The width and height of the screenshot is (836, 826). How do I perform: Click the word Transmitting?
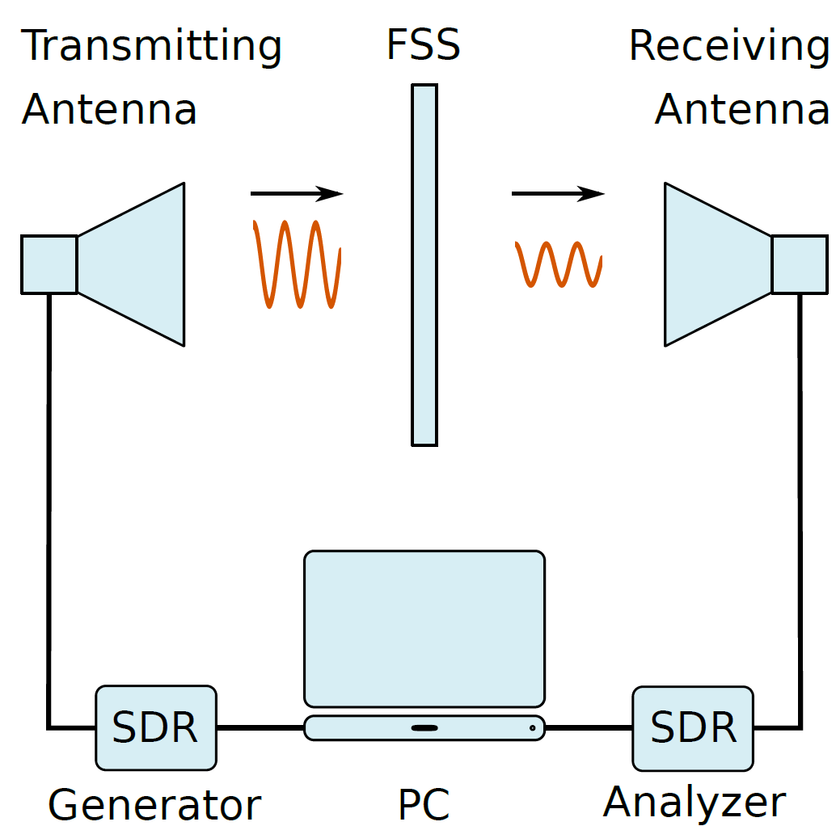coord(151,47)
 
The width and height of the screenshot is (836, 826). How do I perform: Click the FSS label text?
coord(424,44)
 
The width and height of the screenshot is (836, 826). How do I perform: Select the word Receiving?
coord(728,47)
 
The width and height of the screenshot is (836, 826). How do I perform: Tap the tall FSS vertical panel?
coord(424,265)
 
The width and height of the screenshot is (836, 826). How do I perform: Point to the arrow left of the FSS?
coord(297,193)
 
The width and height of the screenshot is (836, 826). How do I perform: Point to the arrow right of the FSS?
coord(558,193)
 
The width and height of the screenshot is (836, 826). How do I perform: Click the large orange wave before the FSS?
coord(297,263)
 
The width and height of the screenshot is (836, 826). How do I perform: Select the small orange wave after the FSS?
coord(558,264)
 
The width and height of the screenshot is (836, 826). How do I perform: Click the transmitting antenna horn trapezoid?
coord(131,264)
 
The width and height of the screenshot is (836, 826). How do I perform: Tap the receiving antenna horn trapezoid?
coord(718,264)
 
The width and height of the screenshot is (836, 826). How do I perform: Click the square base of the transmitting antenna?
coord(49,264)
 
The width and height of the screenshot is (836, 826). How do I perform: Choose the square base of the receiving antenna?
coord(800,264)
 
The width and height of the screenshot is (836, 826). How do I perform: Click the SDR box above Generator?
coord(156,728)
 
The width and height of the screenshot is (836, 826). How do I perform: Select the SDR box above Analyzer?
coord(693,728)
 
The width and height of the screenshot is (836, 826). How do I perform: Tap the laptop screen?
coord(424,629)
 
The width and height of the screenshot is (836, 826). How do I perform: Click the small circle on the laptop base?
coord(532,728)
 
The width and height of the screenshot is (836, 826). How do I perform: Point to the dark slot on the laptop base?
coord(424,728)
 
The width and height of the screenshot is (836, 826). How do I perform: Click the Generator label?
coord(154,805)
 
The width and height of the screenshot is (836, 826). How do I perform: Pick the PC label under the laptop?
coord(424,804)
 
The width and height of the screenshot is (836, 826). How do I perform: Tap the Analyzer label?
coord(695,803)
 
